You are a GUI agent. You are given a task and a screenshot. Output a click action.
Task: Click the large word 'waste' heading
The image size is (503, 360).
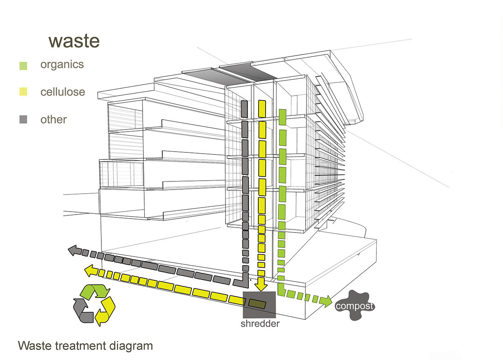[x=74, y=41]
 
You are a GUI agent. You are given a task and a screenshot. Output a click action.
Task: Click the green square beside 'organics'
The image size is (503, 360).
[x=23, y=65]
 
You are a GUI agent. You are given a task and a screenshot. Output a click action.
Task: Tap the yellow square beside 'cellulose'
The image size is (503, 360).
[x=23, y=92]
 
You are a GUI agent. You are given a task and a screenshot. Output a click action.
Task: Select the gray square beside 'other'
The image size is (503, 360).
[x=23, y=120]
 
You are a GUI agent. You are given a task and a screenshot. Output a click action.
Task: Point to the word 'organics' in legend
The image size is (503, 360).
[x=62, y=65]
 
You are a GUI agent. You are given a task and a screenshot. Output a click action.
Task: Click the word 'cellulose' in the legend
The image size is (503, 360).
[x=63, y=92]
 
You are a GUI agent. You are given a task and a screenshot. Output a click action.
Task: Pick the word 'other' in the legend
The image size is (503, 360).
[x=54, y=119]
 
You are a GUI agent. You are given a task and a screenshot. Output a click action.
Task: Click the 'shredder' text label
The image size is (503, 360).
[x=259, y=324]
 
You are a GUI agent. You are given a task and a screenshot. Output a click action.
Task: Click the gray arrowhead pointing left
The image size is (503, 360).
[x=74, y=250]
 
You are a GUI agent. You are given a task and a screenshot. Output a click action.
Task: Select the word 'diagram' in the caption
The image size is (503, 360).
[x=131, y=346]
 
